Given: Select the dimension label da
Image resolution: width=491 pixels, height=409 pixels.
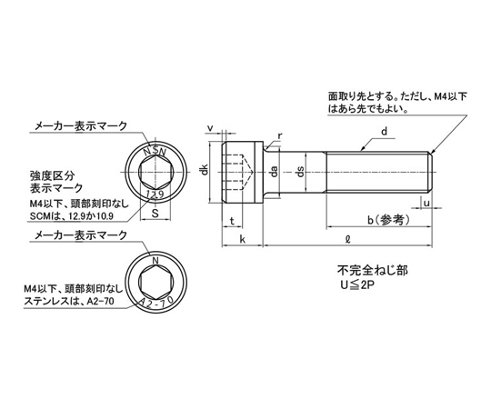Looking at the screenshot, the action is [274, 172].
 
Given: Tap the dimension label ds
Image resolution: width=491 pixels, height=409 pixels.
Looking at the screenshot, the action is [300, 172].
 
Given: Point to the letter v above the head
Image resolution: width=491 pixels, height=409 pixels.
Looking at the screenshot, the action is [210, 128].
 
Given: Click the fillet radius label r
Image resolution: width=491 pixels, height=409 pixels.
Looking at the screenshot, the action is [280, 135].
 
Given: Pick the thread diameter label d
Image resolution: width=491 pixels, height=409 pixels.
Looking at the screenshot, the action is [385, 131].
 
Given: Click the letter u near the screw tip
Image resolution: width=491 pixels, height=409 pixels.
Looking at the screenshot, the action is [426, 203].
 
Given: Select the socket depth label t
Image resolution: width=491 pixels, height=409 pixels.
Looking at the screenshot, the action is [232, 221].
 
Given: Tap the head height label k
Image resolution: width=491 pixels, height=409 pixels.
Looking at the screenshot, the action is [242, 239].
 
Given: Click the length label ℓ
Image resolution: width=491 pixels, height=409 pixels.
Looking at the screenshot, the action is [347, 239].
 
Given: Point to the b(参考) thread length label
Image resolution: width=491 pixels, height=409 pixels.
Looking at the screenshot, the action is [388, 221].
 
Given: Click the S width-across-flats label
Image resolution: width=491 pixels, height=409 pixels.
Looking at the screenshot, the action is [155, 214].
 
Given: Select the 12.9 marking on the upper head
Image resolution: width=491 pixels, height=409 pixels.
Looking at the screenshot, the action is [155, 195].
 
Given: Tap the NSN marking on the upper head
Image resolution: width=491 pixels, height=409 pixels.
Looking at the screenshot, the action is [155, 151].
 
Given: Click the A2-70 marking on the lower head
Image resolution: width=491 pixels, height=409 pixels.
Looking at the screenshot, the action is [156, 303].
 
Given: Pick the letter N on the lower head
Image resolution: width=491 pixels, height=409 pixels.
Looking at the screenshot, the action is [155, 260].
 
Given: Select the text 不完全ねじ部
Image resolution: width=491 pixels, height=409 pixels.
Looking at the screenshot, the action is [372, 270].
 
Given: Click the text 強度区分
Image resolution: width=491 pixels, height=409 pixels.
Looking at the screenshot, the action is [53, 175].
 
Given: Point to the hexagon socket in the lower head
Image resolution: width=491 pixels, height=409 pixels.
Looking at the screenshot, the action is [155, 281].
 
